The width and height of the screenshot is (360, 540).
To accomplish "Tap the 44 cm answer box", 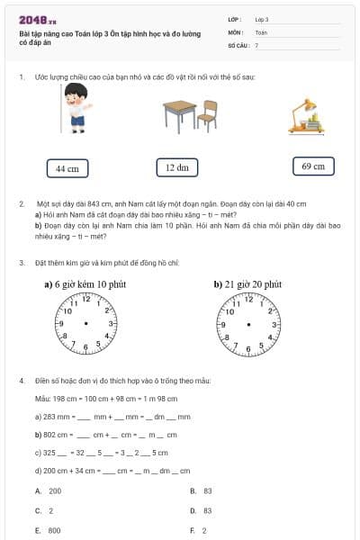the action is point(67,168).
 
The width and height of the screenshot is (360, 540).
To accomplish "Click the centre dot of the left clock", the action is point(85,323).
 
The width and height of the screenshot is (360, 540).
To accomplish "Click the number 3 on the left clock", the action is point(111,322).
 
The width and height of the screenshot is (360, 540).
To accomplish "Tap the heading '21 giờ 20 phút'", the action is point(247,283).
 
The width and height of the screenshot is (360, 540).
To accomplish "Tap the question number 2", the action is point(21,204).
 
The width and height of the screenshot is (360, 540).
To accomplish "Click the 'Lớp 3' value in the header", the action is point(262,18).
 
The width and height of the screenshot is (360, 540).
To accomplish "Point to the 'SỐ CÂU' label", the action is point(238,44).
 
